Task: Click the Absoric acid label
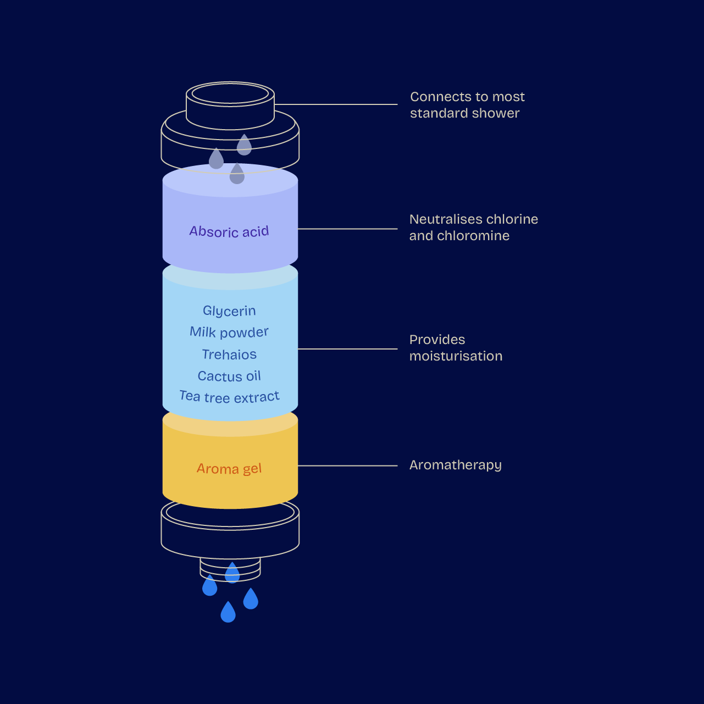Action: (x=229, y=231)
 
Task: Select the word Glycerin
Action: (x=229, y=311)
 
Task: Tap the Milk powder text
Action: (x=229, y=332)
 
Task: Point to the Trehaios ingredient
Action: (x=229, y=354)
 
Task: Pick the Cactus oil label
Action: (x=229, y=376)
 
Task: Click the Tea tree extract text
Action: (x=229, y=397)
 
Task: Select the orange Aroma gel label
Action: (x=229, y=469)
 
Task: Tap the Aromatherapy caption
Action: (x=456, y=465)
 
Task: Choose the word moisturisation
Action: (x=456, y=356)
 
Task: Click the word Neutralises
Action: (x=442, y=219)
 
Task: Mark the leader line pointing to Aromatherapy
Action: (x=347, y=465)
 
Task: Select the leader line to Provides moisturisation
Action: (x=347, y=349)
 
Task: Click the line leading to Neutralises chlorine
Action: (x=347, y=229)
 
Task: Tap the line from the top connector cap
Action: (x=336, y=104)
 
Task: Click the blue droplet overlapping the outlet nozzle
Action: (x=232, y=573)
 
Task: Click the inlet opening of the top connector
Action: (x=230, y=94)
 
